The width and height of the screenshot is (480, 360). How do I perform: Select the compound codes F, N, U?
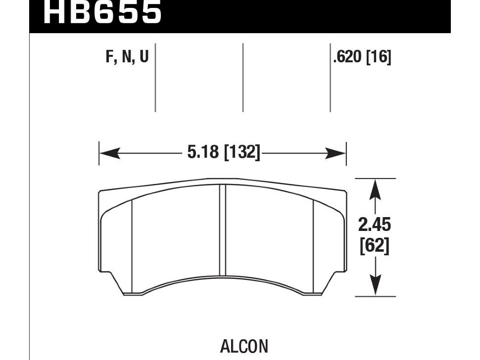coord(127,58)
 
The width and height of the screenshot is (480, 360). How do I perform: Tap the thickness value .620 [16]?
coord(362,58)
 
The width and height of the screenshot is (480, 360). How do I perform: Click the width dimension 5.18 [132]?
coord(223,152)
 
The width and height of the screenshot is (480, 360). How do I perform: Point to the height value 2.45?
coord(375,225)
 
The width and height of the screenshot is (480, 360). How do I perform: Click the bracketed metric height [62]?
coord(375,246)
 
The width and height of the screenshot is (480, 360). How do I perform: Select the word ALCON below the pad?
coord(244,346)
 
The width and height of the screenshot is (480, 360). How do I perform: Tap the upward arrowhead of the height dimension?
coord(376,188)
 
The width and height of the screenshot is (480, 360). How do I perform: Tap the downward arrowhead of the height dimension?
coord(376,286)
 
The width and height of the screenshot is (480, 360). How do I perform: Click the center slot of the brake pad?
coord(223,230)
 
